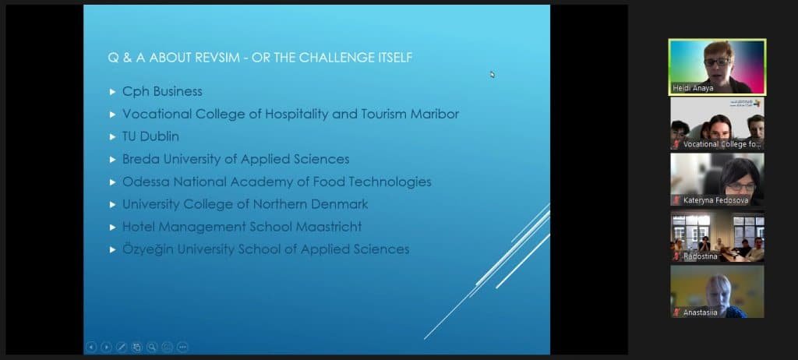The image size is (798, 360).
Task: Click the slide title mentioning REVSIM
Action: pos(260,57)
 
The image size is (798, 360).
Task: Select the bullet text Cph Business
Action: pos(162,91)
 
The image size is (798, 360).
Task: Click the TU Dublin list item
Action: pos(150,136)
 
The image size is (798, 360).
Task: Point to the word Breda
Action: pos(140,159)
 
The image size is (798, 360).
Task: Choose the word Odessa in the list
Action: pos(143,182)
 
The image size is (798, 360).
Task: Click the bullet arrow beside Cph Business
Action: pos(113,92)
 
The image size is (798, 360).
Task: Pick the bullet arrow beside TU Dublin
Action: pos(113,137)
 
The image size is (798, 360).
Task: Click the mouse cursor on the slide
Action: pos(492,75)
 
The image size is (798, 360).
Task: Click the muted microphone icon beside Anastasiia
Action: pos(677,312)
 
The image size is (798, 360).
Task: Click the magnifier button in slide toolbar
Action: pos(152,347)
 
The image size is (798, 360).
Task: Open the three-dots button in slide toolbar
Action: pos(182,347)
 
